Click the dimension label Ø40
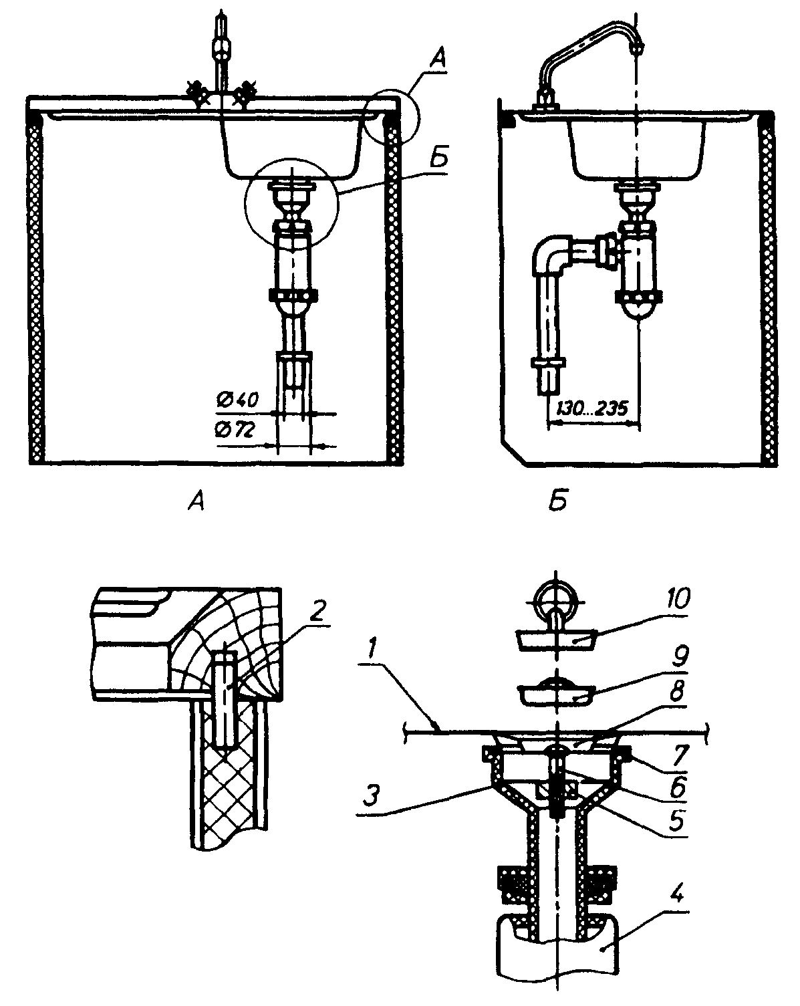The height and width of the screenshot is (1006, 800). pos(237,400)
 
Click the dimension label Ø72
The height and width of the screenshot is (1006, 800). pos(235,430)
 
